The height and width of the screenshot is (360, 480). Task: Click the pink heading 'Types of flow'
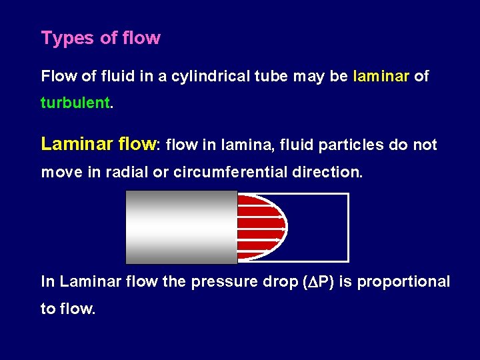(x=101, y=38)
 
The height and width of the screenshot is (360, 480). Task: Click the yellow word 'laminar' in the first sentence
(x=381, y=76)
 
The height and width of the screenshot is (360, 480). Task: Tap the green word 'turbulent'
(x=75, y=103)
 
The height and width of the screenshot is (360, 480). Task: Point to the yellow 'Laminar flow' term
(x=98, y=144)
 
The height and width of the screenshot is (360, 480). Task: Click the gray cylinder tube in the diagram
(x=181, y=227)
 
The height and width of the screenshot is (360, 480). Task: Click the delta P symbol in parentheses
(x=319, y=281)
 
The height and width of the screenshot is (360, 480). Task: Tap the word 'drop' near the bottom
(x=274, y=281)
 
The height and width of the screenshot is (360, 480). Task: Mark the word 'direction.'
(x=328, y=172)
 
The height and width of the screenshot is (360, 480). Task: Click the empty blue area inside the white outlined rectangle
(x=320, y=227)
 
